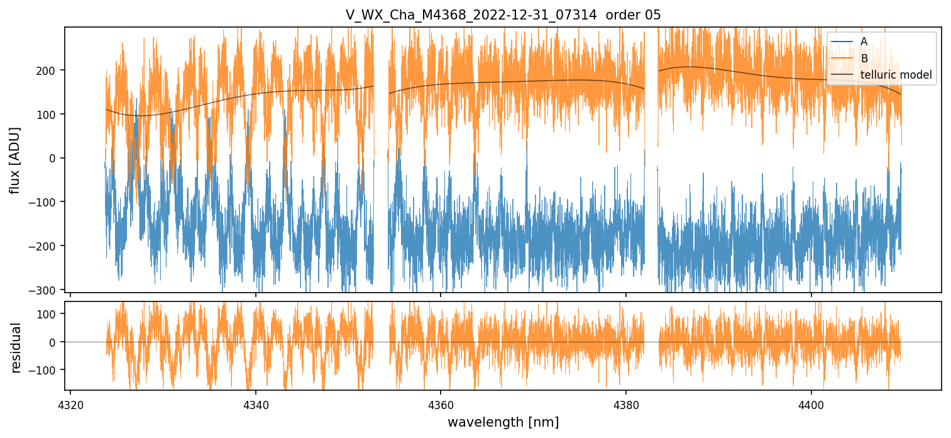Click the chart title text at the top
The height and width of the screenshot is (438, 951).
[503, 15]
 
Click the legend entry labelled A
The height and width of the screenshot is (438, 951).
[864, 42]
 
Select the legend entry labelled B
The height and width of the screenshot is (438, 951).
[864, 59]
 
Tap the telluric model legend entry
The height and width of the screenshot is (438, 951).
[896, 76]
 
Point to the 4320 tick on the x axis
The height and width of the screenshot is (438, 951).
[70, 403]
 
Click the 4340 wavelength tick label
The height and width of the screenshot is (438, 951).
[256, 403]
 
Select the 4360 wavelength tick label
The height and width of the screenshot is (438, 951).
[441, 403]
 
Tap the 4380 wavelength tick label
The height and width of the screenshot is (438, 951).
[626, 403]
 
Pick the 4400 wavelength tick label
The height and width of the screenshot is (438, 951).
[811, 403]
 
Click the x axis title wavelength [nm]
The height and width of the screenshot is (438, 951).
[503, 422]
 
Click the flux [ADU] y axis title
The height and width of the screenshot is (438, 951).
[16, 160]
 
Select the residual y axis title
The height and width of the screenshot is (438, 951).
[16, 347]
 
